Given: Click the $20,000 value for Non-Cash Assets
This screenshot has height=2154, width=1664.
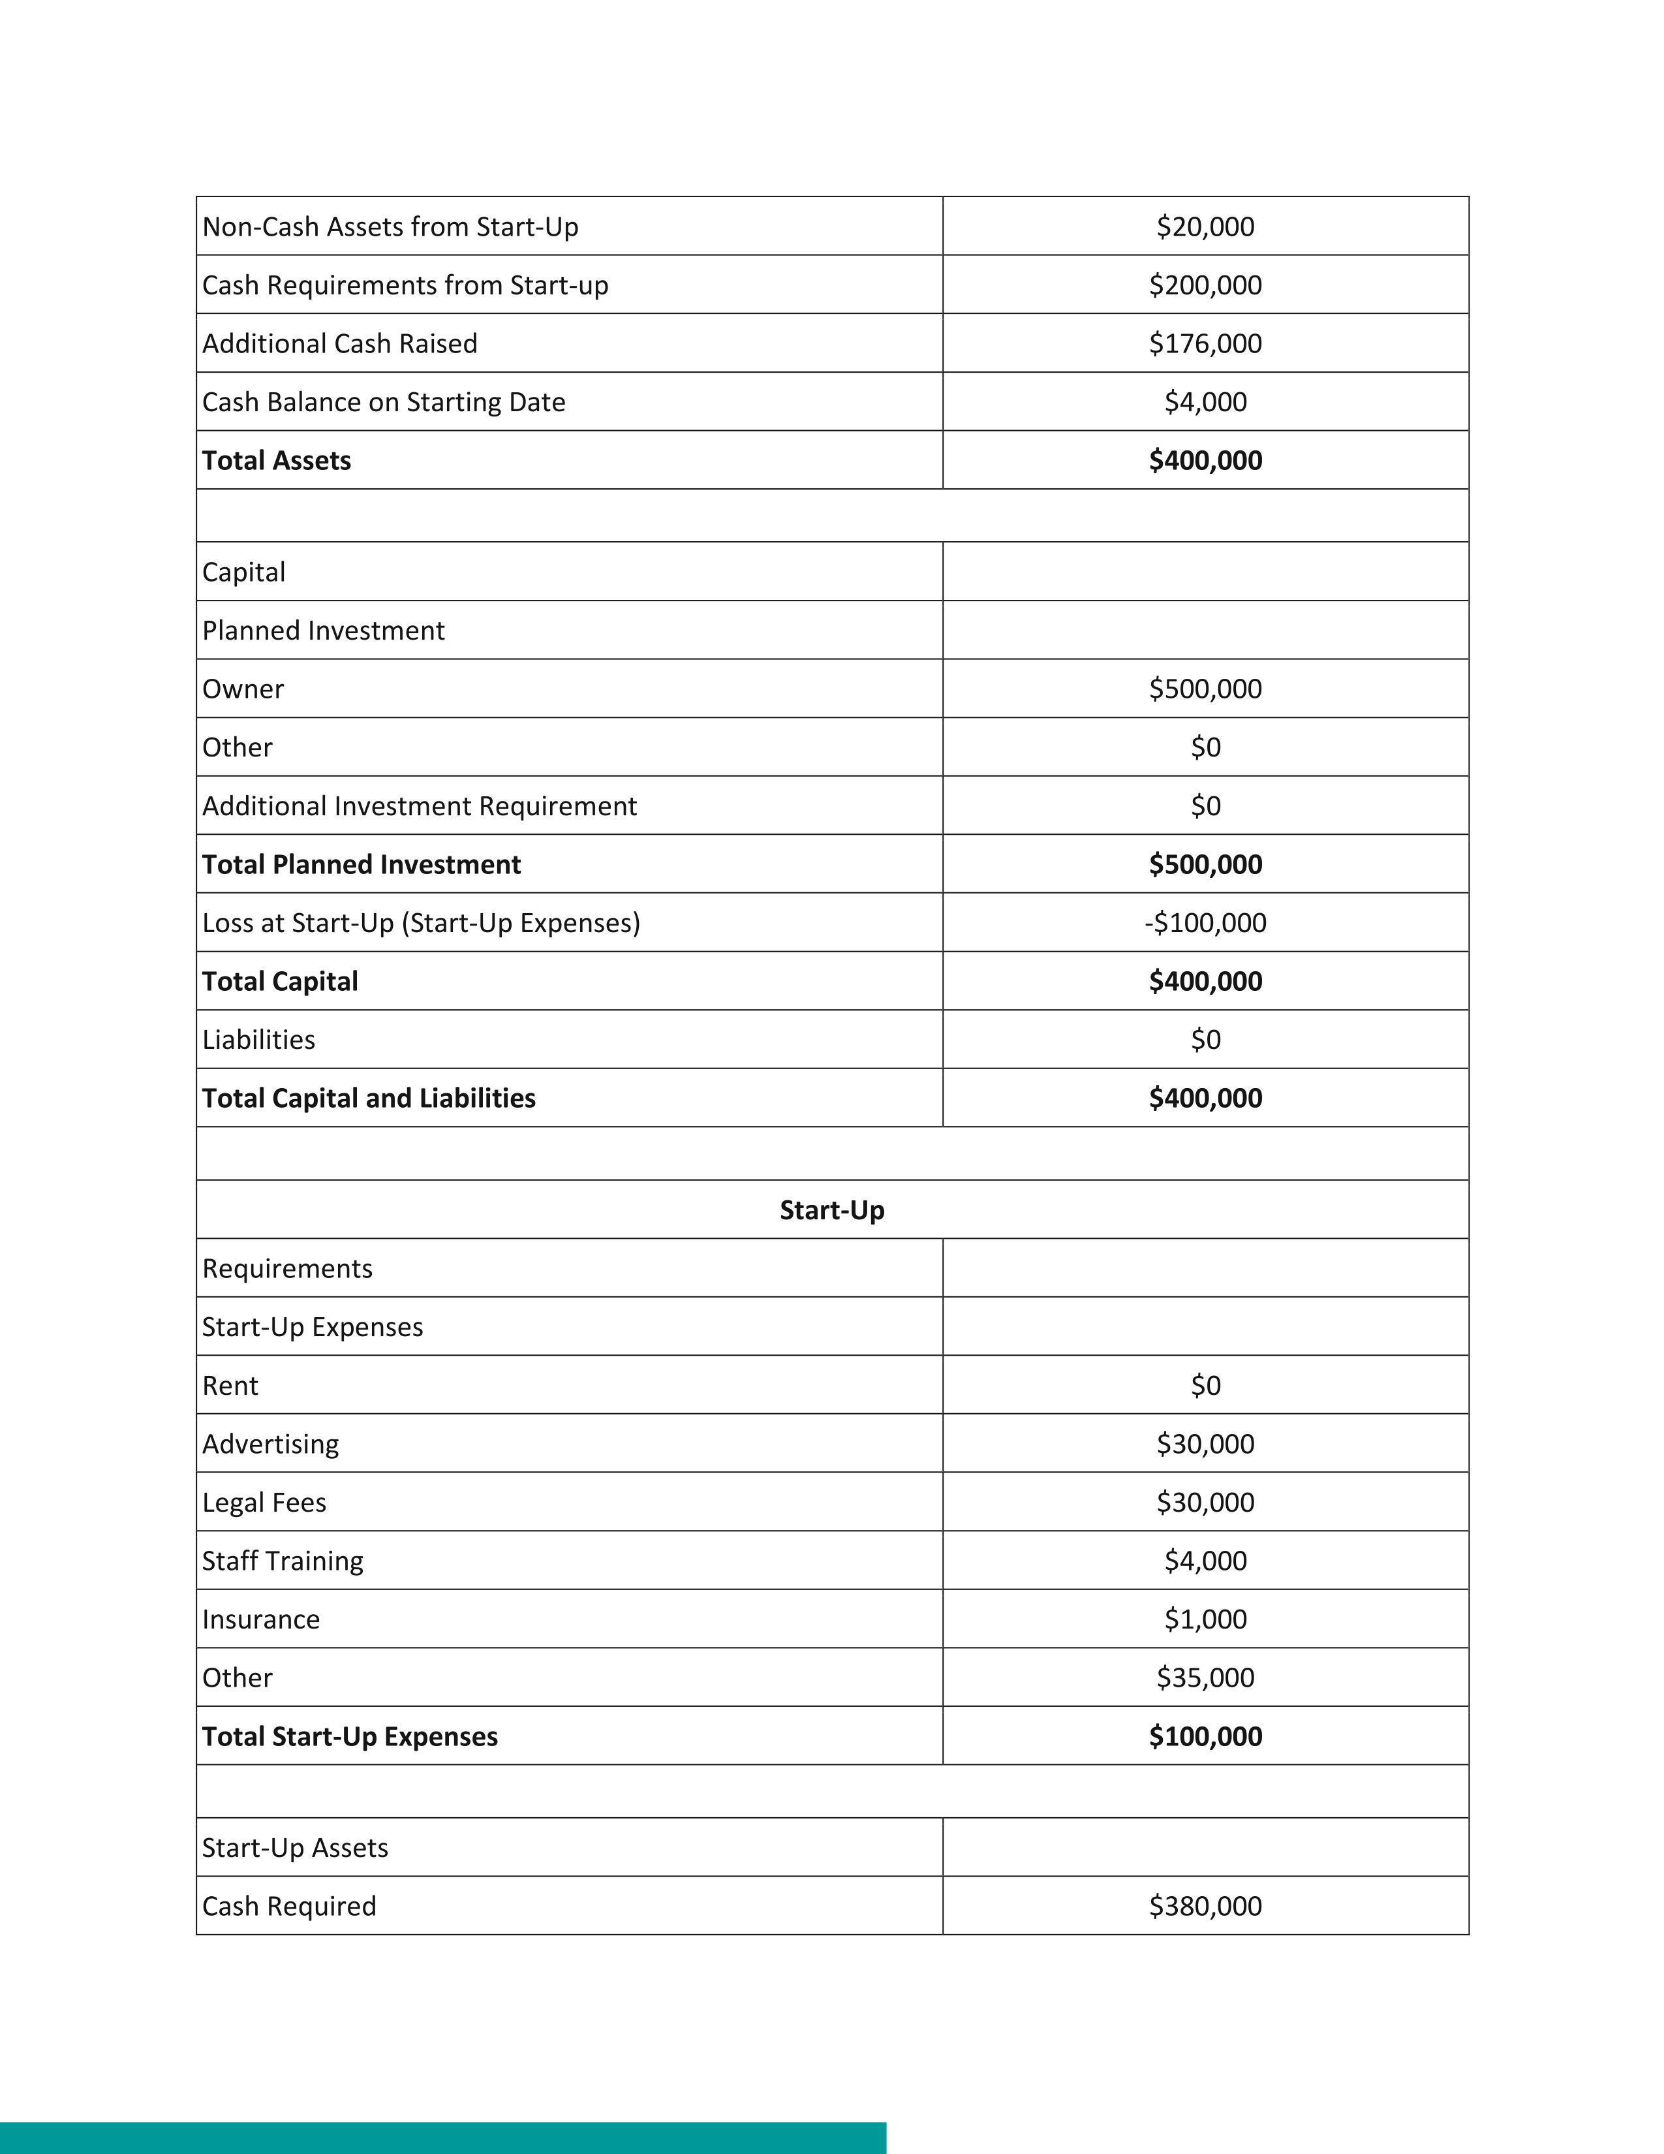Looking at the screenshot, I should pos(1205,227).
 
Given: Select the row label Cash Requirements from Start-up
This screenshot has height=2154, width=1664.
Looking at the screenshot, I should pos(405,285).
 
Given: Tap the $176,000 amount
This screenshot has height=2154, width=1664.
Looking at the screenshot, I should pos(1205,343).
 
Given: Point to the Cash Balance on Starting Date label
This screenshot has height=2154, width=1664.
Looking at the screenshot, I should pos(384,402).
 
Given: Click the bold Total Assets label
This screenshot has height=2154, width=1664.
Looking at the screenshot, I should pos(276,461).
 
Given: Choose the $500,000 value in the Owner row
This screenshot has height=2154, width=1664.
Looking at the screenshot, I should pos(1205,689).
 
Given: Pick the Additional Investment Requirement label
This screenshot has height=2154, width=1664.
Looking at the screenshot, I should pos(419,805).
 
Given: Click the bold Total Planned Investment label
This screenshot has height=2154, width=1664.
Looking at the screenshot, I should pos(361,864).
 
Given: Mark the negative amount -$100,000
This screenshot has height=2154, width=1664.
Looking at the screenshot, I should pos(1205,923).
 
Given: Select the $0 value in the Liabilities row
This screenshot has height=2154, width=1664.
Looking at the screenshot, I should pos(1205,1040).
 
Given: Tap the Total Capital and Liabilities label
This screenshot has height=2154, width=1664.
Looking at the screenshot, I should pos(369,1098).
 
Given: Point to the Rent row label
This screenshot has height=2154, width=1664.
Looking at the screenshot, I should pos(230,1386).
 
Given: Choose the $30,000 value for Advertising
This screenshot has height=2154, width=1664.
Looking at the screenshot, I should pos(1205,1444).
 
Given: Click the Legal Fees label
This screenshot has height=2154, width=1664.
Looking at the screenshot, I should pos(264,1502).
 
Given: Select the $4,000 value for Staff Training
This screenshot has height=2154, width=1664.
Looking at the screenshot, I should pos(1205,1560).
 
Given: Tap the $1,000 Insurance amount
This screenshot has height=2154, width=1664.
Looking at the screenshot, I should pos(1205,1619).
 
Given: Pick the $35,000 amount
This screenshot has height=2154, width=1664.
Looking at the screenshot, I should pos(1205,1678).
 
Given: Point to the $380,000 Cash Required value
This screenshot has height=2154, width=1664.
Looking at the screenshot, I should pos(1205,1905).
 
